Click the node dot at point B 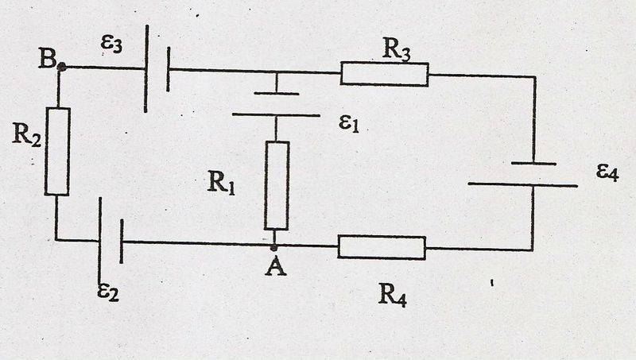pyautogui.click(x=62, y=67)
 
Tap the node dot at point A pyautogui.click(x=274, y=247)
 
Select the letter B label pyautogui.click(x=48, y=58)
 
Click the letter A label pyautogui.click(x=276, y=267)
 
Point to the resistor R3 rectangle pyautogui.click(x=384, y=74)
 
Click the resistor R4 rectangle pyautogui.click(x=382, y=247)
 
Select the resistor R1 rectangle pyautogui.click(x=277, y=185)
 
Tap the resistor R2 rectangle pyautogui.click(x=57, y=151)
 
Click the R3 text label pyautogui.click(x=396, y=49)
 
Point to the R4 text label pyautogui.click(x=392, y=295)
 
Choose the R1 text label pyautogui.click(x=221, y=182)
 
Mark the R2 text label pyautogui.click(x=26, y=134)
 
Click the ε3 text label pyautogui.click(x=111, y=44)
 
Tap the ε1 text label pyautogui.click(x=349, y=123)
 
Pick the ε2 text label pyautogui.click(x=108, y=292)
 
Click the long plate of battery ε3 pyautogui.click(x=146, y=68)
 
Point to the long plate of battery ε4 pyautogui.click(x=522, y=185)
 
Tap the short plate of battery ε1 pyautogui.click(x=277, y=94)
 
